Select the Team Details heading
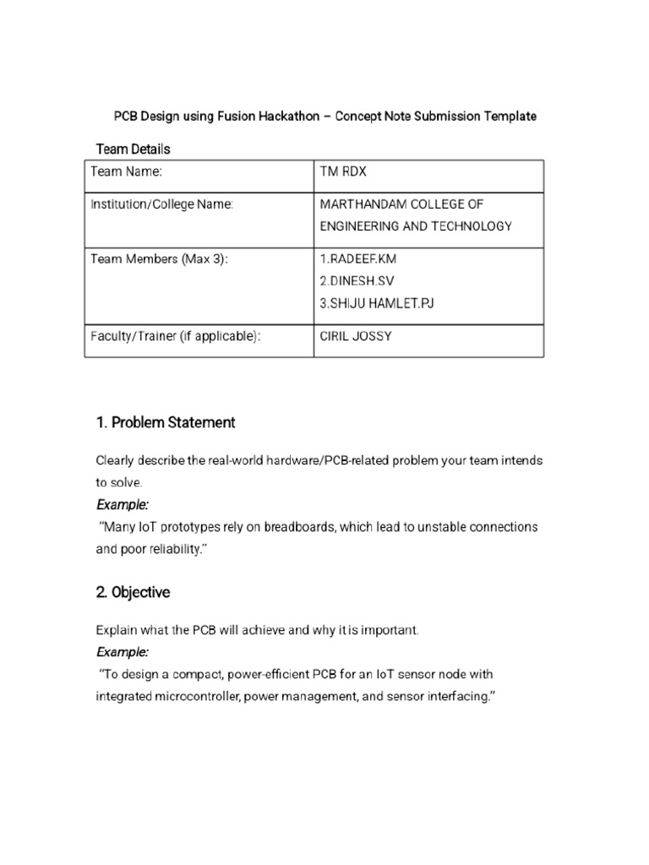point(133,149)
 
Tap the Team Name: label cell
point(126,172)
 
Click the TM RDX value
point(343,172)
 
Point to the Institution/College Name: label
point(161,204)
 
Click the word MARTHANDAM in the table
point(363,204)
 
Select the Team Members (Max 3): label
point(160,259)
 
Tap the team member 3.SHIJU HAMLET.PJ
point(376,303)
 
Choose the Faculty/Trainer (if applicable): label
point(175,336)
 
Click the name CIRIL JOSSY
point(356,336)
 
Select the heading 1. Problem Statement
point(165,422)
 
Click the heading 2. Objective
point(133,592)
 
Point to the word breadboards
point(300,527)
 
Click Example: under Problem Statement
point(123,504)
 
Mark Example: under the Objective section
point(123,652)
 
